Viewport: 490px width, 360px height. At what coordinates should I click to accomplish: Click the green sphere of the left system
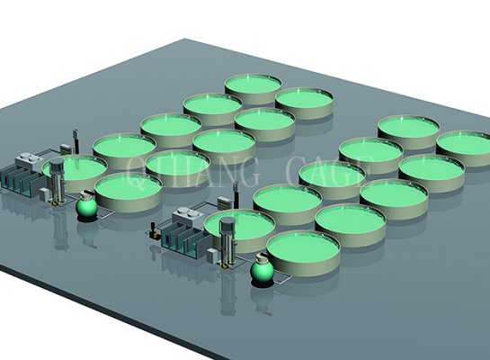pos(85,207)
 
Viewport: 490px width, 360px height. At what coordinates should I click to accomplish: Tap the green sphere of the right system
pos(263,269)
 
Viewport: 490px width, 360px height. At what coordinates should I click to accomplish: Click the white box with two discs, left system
pos(31,162)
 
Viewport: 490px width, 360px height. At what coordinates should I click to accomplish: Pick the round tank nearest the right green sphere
pos(303,247)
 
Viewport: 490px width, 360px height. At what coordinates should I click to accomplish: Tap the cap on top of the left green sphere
pos(85,193)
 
